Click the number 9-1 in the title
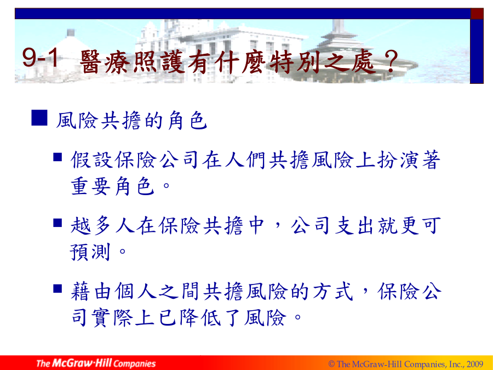(x=41, y=58)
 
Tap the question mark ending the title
(x=391, y=61)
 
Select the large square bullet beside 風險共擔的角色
(x=39, y=118)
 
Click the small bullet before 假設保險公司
(x=57, y=157)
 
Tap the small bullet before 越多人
(x=57, y=223)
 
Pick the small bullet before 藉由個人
(x=57, y=288)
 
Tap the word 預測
(x=90, y=252)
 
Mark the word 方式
(x=333, y=292)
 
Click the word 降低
(x=200, y=317)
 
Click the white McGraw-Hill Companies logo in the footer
(x=96, y=363)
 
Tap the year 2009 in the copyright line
(x=475, y=364)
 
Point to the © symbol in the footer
(x=331, y=364)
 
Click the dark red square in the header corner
(x=477, y=14)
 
